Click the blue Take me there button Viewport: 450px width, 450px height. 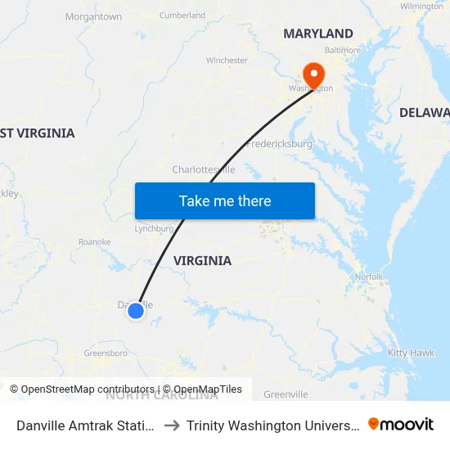pos(225,200)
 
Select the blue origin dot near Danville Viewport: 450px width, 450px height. pos(136,310)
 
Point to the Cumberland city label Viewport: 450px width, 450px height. pos(182,15)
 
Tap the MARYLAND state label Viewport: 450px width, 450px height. pos(318,34)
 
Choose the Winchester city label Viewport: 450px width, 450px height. pos(227,61)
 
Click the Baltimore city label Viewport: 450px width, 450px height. pos(344,50)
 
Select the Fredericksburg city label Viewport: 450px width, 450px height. pos(279,143)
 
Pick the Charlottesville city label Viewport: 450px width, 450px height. pos(204,169)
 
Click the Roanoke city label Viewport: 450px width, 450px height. pos(94,242)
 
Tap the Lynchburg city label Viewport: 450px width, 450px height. pos(154,229)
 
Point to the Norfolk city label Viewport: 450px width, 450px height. pos(368,277)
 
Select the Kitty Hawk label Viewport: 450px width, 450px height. pos(412,353)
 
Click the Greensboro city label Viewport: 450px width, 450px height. pos(106,353)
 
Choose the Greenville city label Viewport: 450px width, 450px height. pos(286,394)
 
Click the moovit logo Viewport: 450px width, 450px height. pos(400,424)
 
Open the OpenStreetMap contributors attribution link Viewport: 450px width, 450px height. pos(83,389)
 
